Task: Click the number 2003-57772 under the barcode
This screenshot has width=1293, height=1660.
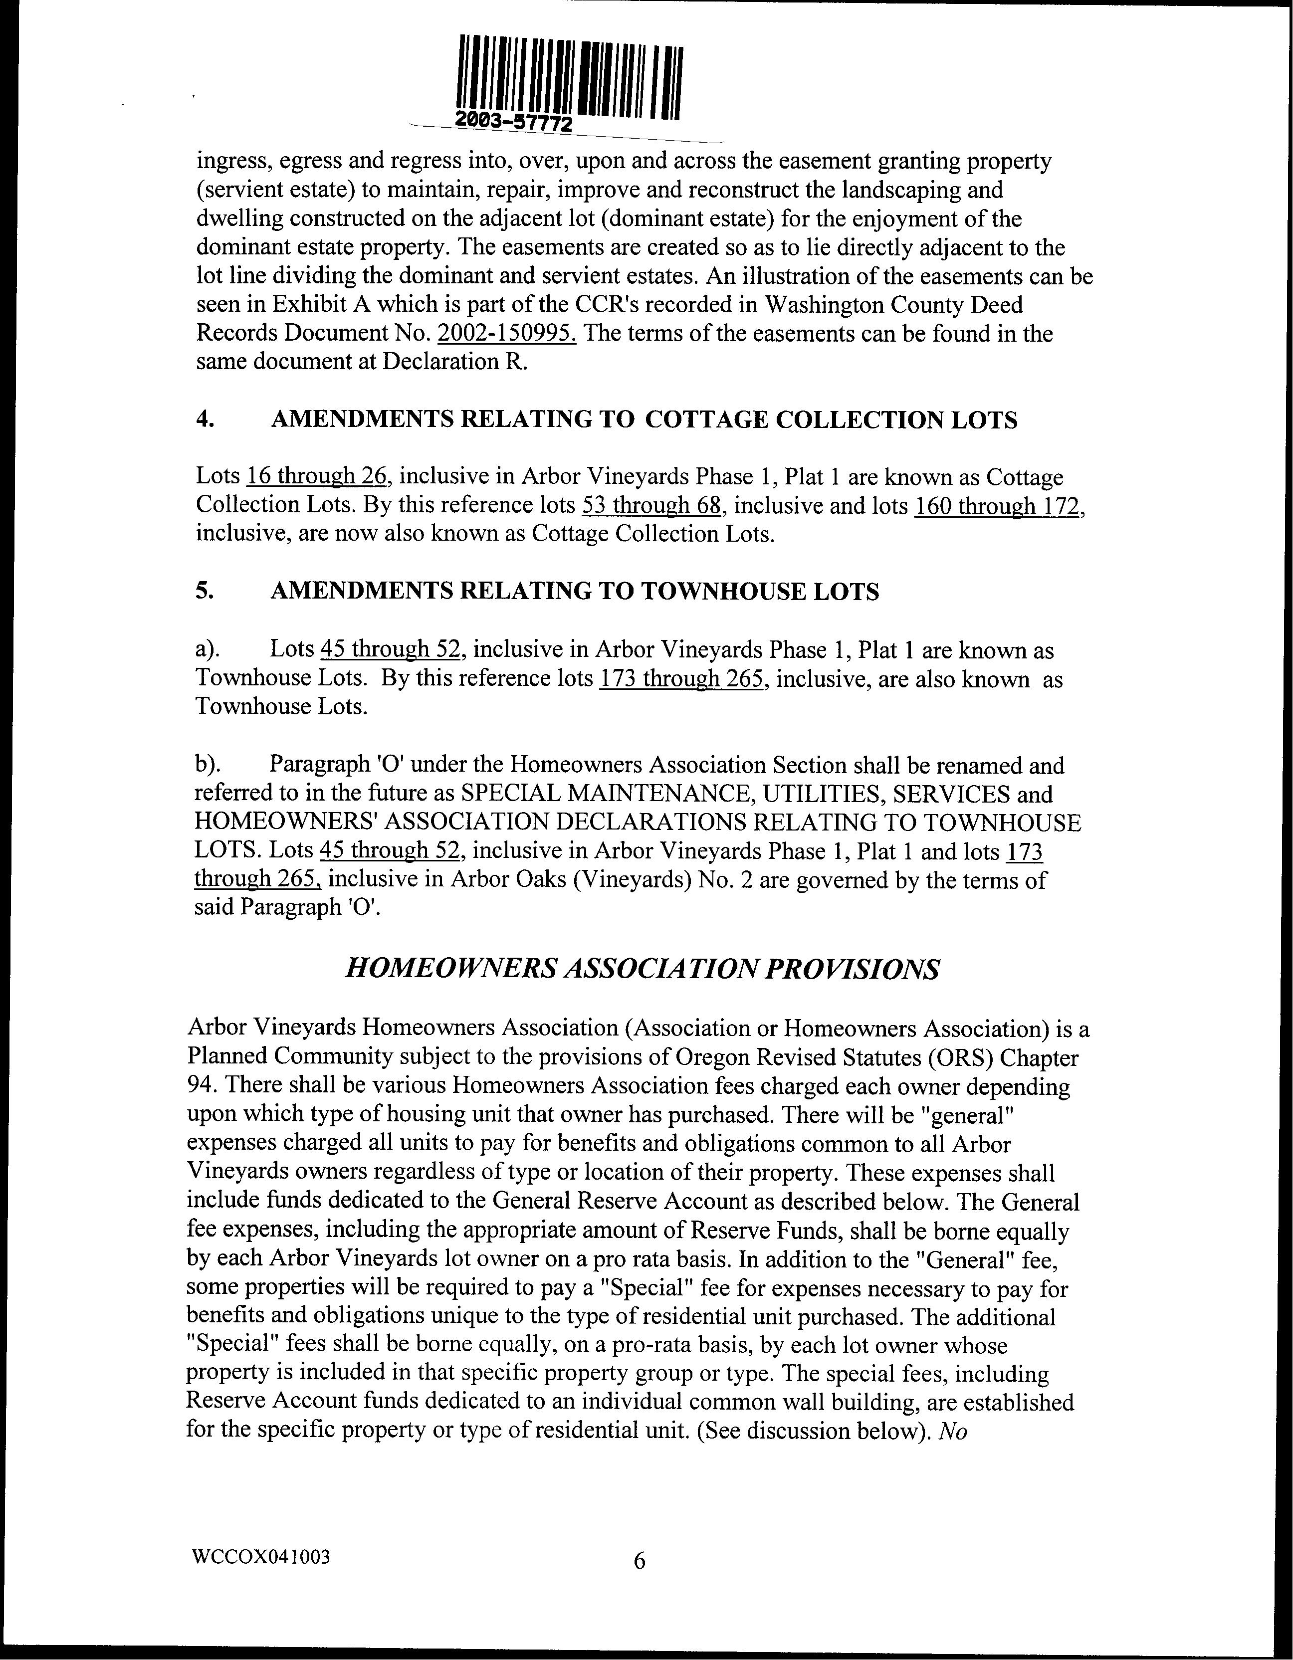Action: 514,122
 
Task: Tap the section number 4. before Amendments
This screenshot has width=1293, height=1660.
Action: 204,420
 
